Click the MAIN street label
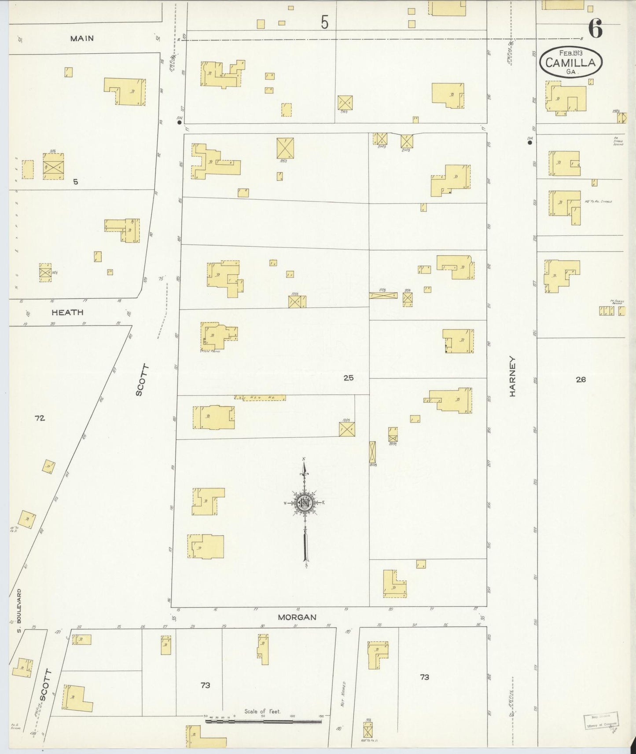click(x=82, y=38)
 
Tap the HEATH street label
click(x=67, y=312)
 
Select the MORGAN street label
click(x=297, y=617)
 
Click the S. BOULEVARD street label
click(x=19, y=606)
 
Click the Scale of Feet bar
click(x=263, y=721)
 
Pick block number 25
click(x=348, y=377)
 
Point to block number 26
click(x=581, y=379)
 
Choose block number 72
click(x=40, y=418)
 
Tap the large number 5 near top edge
click(x=324, y=22)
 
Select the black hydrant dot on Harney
click(x=530, y=142)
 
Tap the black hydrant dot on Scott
click(x=179, y=123)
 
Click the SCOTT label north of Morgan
click(x=140, y=380)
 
